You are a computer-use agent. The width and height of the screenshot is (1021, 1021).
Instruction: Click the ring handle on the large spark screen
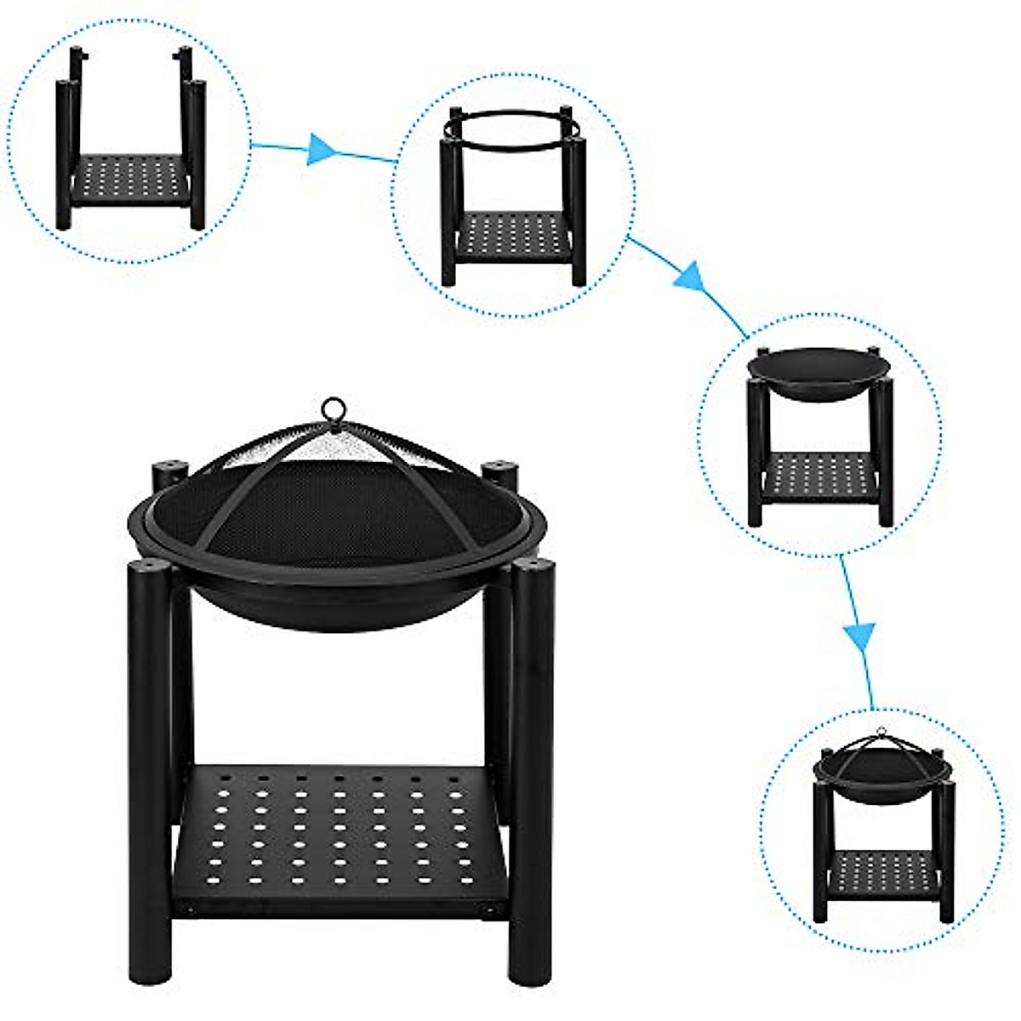335,408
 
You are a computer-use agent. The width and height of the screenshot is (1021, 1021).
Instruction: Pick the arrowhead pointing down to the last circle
859,635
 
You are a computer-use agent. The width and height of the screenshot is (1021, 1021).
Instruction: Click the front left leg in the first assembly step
64,153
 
